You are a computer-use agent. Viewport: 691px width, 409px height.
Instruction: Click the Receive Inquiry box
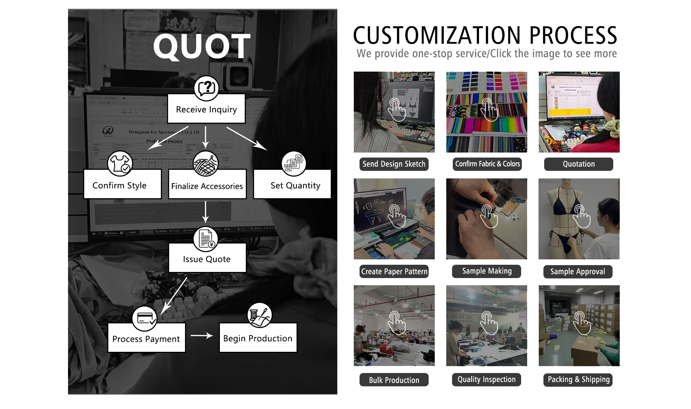[x=206, y=109]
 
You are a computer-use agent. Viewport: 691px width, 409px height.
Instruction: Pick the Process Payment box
[x=146, y=338]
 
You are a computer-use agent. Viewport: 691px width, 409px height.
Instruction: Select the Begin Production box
[x=258, y=338]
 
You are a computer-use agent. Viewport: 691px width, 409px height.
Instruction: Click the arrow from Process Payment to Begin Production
[x=202, y=336]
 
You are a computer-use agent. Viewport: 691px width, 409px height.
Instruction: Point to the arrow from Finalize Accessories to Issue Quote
[x=206, y=212]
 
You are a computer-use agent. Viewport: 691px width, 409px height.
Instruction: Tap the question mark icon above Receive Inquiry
[x=206, y=88]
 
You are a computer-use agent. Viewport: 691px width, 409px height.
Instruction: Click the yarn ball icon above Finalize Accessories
[x=206, y=164]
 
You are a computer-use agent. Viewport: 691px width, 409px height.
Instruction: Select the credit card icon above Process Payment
[x=144, y=318]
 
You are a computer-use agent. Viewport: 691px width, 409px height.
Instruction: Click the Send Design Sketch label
[x=394, y=164]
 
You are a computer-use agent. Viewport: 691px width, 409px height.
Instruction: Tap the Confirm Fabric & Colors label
[x=487, y=164]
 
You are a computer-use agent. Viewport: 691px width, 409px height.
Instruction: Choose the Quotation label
[x=578, y=164]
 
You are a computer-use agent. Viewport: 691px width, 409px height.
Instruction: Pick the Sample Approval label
[x=578, y=272]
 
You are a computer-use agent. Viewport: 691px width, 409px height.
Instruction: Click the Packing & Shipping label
[x=578, y=380]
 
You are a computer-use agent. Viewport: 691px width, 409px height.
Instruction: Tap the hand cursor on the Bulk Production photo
[x=396, y=323]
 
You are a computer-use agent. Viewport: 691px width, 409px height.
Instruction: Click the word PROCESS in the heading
[x=573, y=35]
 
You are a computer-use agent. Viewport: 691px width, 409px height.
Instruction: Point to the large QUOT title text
[x=202, y=46]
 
